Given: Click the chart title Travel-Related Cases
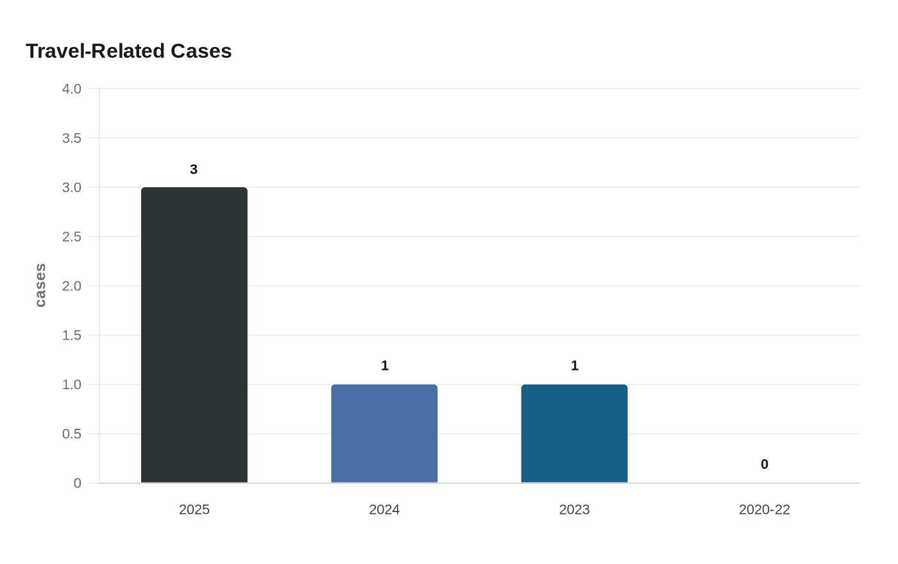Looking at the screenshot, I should click(x=128, y=51).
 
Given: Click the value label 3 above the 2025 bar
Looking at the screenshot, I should click(x=194, y=170).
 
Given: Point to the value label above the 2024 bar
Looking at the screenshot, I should click(x=385, y=366).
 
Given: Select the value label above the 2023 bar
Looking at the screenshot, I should click(x=575, y=366).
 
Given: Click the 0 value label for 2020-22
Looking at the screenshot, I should click(x=765, y=465).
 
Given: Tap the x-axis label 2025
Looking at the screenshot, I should click(x=194, y=510).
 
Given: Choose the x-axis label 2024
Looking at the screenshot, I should click(x=384, y=510).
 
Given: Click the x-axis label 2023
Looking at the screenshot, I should click(x=574, y=510).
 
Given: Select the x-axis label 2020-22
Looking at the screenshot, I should click(x=764, y=510).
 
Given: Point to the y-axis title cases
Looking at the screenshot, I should click(x=40, y=285).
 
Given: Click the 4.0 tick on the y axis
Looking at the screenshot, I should click(x=72, y=89).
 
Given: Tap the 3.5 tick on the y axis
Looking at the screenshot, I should click(x=72, y=138).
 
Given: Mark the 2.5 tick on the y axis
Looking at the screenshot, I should click(x=72, y=237).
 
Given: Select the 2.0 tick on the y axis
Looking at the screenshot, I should click(x=72, y=286).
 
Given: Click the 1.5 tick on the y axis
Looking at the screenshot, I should click(x=72, y=336).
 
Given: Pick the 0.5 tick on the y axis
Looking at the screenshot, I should click(x=72, y=435).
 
